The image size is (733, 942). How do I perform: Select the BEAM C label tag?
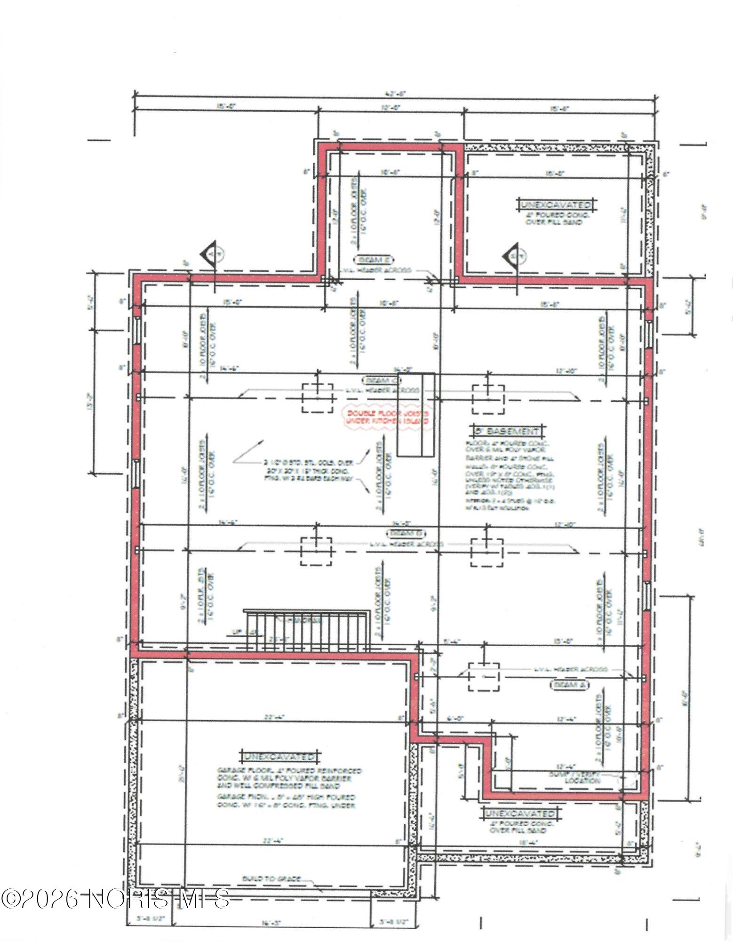(x=382, y=380)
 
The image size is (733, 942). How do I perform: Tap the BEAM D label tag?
(x=406, y=533)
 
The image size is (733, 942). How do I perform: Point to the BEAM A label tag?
(x=570, y=684)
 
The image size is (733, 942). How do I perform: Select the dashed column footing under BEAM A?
(x=483, y=676)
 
